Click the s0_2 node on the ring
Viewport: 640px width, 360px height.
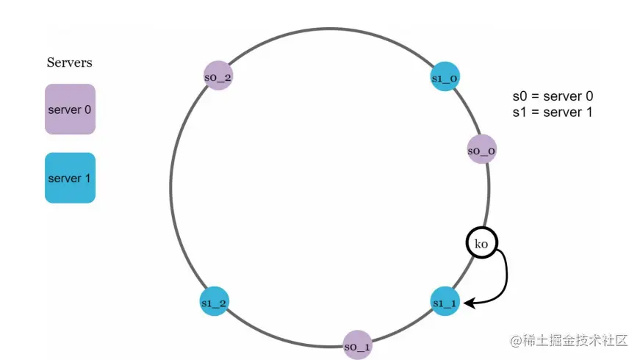click(218, 75)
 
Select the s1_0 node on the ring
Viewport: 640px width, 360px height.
click(445, 77)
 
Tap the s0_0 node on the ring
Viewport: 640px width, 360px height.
click(481, 150)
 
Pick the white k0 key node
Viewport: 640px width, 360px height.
click(481, 243)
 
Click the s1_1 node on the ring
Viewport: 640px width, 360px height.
click(445, 301)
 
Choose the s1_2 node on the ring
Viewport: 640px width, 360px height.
click(214, 301)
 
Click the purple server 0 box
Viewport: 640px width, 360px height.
click(70, 109)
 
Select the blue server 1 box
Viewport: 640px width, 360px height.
click(70, 178)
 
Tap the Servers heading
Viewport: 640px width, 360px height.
click(70, 62)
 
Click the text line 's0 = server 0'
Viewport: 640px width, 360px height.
click(553, 96)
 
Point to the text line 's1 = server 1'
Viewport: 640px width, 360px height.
click(553, 112)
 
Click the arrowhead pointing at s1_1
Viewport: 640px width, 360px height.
click(468, 301)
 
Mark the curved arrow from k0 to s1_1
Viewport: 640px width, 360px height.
click(506, 276)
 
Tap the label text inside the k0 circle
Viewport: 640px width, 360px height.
click(481, 244)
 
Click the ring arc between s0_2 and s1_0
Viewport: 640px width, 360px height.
click(331, 30)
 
